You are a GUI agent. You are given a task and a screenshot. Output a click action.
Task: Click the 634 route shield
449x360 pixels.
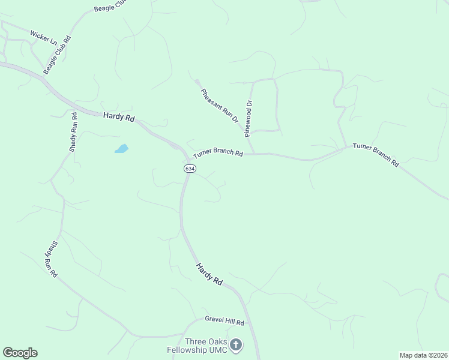tap(189, 169)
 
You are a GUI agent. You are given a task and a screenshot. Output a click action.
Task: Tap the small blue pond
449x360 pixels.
tap(121, 148)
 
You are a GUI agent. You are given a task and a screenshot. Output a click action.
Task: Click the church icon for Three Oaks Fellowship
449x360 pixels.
tap(237, 344)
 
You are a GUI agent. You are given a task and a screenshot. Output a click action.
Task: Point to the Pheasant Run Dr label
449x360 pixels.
tap(220, 106)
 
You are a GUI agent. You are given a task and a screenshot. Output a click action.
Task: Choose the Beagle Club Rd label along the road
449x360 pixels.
tap(57, 55)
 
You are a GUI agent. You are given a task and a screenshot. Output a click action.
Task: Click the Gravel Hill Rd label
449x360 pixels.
tap(224, 321)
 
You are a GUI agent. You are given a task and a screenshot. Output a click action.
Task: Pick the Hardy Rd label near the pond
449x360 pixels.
tap(118, 116)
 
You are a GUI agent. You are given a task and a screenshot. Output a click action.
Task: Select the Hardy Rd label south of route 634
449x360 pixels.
tap(209, 273)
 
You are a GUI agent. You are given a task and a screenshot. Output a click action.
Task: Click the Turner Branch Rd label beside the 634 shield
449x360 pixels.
tap(217, 154)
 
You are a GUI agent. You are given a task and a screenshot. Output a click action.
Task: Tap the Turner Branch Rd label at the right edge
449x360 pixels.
tap(376, 154)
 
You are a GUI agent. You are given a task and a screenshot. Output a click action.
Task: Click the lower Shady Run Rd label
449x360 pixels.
tap(50, 259)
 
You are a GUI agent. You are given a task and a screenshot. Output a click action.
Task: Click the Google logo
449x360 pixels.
tap(20, 353)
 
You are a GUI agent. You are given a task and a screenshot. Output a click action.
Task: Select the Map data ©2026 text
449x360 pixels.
tap(423, 355)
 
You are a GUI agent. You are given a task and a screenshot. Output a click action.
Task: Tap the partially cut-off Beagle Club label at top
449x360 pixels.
tap(112, 7)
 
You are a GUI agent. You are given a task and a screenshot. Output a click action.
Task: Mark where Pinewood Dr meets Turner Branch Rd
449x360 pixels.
tap(253, 154)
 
